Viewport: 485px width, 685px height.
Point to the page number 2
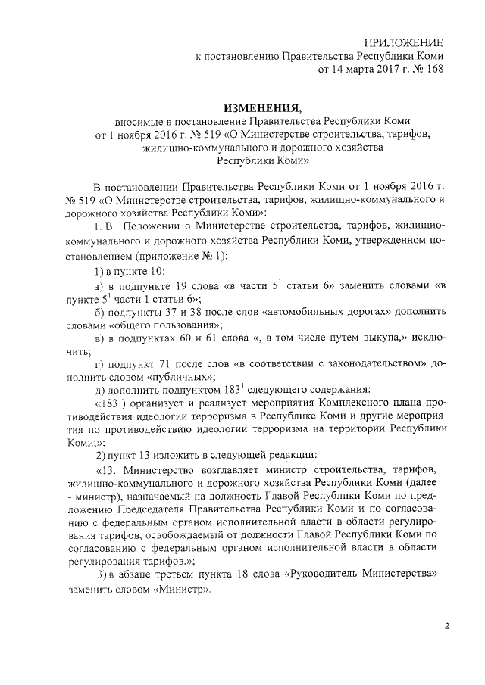click(x=446, y=627)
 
